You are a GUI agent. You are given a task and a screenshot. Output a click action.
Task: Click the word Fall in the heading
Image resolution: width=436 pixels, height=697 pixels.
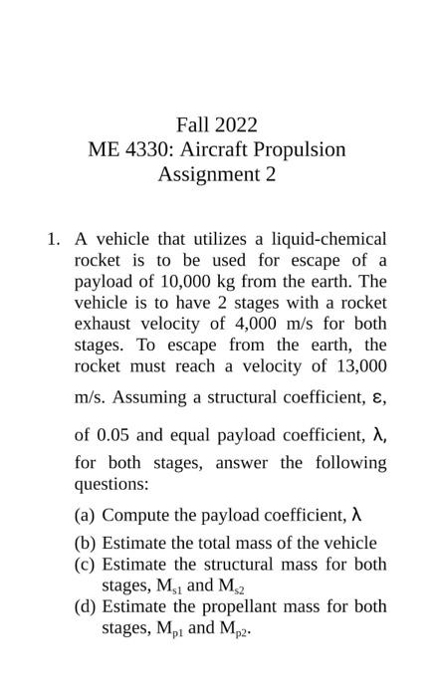coord(192,125)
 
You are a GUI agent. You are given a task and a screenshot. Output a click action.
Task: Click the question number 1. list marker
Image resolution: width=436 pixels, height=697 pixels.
coord(54,239)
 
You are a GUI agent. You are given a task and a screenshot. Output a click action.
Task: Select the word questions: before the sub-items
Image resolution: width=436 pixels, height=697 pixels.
coord(111,484)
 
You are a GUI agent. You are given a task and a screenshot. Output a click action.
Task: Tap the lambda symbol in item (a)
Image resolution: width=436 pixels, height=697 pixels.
coord(355,515)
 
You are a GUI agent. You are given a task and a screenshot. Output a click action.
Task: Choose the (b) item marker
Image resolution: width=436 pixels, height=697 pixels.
coord(85,544)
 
